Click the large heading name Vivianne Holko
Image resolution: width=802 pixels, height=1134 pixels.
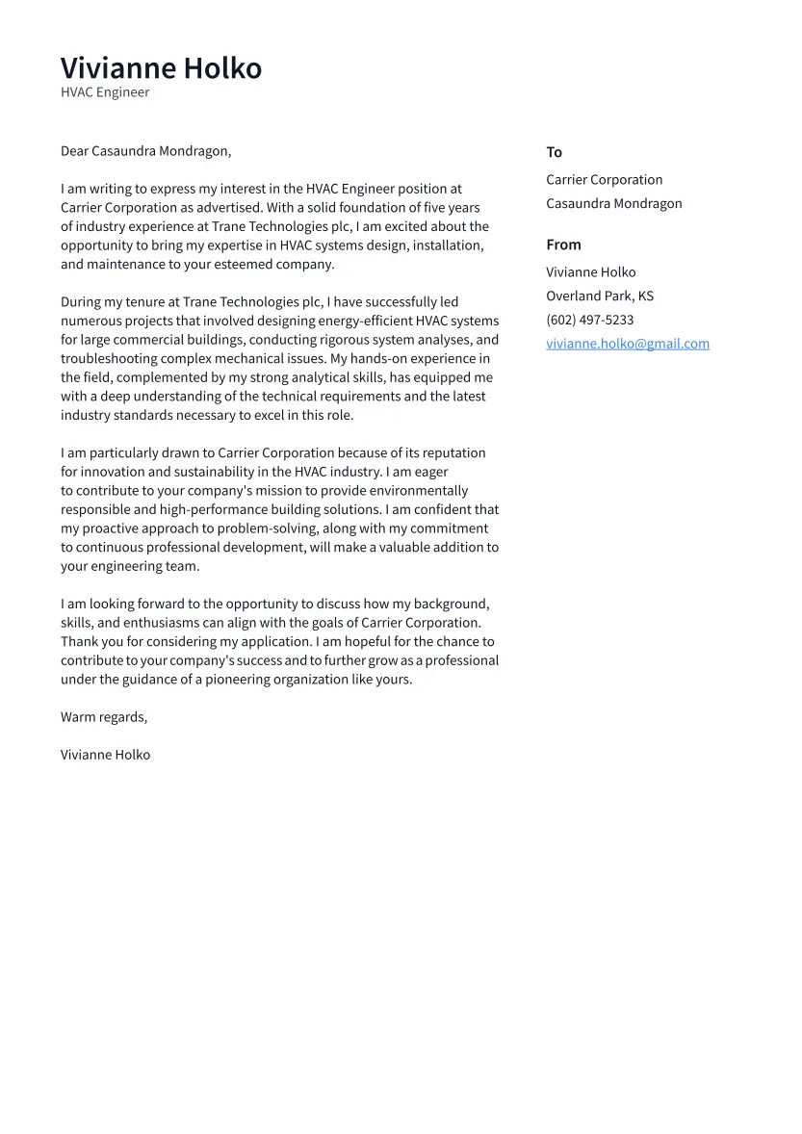[161, 68]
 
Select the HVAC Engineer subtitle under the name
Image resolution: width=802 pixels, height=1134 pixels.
[105, 92]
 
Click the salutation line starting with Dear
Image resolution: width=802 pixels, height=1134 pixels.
[145, 151]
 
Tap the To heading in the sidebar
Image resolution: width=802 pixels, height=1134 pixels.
[554, 152]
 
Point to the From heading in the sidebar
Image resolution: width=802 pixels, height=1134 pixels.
[563, 245]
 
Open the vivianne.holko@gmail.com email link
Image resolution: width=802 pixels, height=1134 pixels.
[627, 344]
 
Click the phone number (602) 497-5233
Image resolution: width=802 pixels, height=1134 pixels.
[589, 320]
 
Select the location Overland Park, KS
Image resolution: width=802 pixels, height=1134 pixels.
[599, 296]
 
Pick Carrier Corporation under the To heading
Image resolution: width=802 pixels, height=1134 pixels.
[604, 180]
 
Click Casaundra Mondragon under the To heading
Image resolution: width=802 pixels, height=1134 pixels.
[613, 203]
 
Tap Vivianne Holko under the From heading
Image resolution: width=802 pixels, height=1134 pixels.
[590, 272]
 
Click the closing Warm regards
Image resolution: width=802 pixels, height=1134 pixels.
[104, 717]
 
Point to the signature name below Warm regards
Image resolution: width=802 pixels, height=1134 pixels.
[105, 755]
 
